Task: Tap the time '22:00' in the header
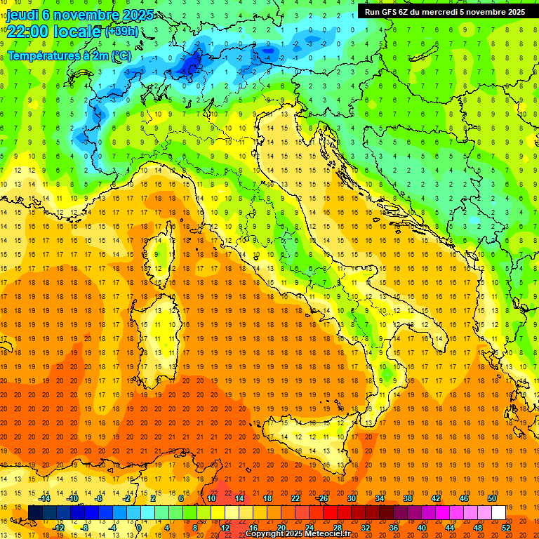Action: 28,32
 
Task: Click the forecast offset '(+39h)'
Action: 121,32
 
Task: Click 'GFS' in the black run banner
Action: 389,12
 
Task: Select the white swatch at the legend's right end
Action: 498,512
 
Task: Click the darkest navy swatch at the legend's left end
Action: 35,512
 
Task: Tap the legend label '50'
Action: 491,498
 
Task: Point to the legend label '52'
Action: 506,527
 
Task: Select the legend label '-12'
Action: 58,527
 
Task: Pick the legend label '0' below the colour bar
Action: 139,527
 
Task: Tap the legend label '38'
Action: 407,498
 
